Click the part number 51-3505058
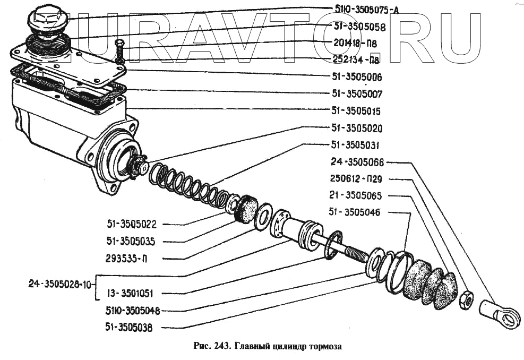point(359,27)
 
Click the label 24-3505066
point(364,162)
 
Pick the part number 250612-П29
point(363,179)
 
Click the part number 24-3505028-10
point(60,284)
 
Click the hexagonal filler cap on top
point(47,21)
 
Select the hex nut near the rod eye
point(466,299)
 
